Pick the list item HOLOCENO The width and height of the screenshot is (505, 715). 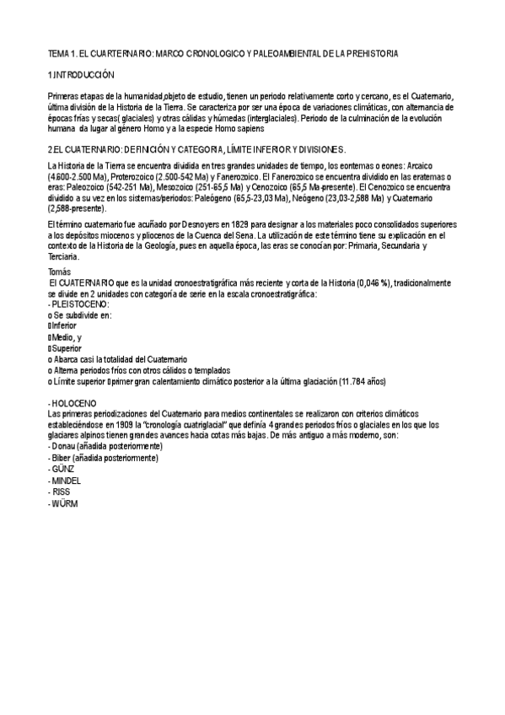pyautogui.click(x=73, y=403)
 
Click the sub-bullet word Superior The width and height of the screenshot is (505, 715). pyautogui.click(x=71, y=347)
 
